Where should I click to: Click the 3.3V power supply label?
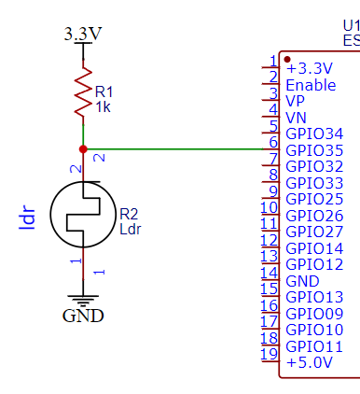point(83,35)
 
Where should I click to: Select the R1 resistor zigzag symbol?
point(84,91)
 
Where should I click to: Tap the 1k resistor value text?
point(103,107)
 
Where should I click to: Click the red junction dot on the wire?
point(84,149)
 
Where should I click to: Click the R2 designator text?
point(129,214)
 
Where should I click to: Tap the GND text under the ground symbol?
point(83,315)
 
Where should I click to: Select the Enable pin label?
point(310,84)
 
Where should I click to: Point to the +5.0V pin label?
point(309,363)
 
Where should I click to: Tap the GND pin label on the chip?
point(302,281)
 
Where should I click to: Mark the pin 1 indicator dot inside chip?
point(287,60)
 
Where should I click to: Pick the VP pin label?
point(296,101)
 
